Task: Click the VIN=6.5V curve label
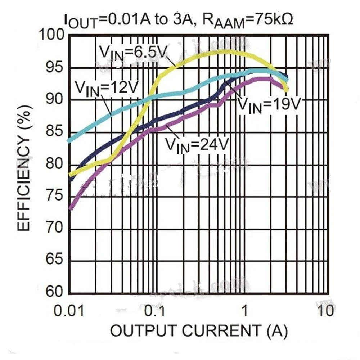click(133, 53)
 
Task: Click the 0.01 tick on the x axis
click(69, 310)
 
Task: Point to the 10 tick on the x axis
click(326, 310)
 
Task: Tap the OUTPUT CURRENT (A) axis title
click(199, 330)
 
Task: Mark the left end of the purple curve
click(71, 208)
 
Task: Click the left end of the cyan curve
click(69, 140)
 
